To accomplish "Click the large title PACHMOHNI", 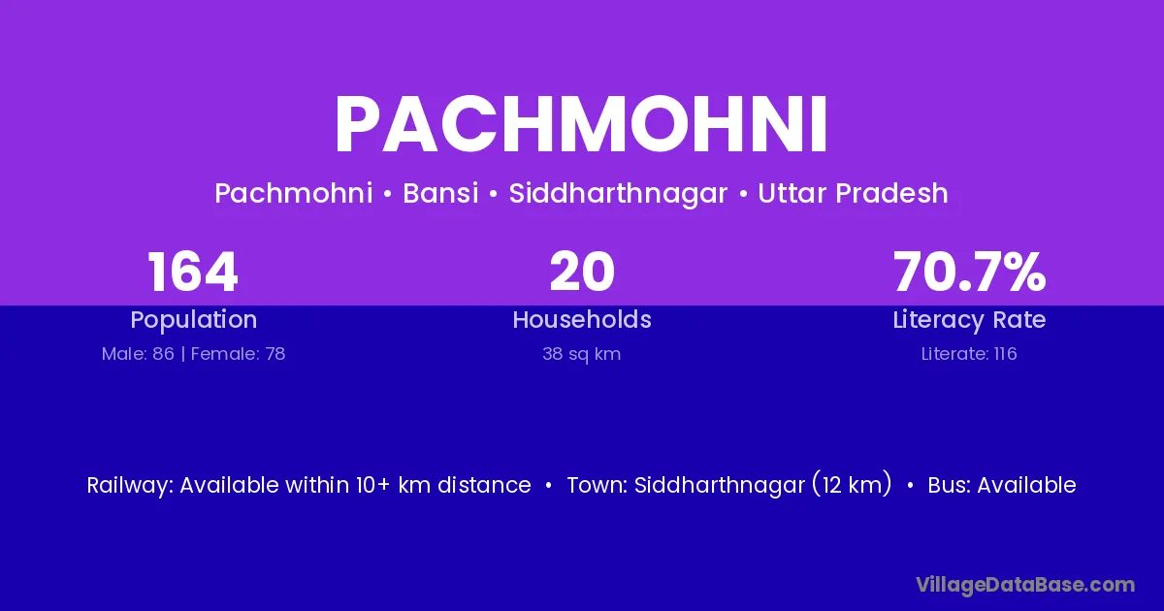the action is coord(581,125).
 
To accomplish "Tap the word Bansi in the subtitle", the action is coord(440,193).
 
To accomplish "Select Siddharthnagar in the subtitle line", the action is coord(618,194).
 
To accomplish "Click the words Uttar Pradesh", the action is coord(853,193).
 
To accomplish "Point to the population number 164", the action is coord(193,272).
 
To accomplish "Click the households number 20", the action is coord(582,272).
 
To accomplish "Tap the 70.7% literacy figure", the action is coord(969,272).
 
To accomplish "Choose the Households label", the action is coord(582,319).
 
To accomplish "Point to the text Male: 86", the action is coord(138,354).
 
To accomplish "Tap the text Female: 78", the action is coord(238,354).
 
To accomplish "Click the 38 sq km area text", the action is coord(581,354).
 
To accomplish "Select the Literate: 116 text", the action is coord(969,354).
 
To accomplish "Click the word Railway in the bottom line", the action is coord(128,486).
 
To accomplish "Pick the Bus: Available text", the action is coord(1002,485).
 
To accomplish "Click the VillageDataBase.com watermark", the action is coord(1025,586).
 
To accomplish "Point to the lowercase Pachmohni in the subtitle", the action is coord(294,193).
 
